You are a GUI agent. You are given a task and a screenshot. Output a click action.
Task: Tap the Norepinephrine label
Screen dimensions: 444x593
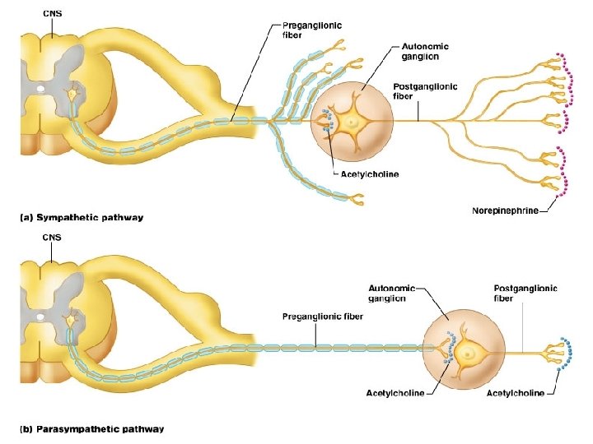point(505,210)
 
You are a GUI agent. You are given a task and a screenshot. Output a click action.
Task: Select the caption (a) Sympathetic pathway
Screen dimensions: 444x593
point(82,218)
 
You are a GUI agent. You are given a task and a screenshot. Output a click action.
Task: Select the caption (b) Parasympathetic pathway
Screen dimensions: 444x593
point(91,428)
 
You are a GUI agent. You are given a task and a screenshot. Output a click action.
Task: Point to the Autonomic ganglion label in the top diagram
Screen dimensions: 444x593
point(425,51)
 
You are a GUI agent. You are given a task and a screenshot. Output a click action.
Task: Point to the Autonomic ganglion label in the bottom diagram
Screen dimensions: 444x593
point(393,293)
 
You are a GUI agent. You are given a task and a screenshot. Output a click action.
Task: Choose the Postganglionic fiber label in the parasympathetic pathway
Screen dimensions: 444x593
point(525,293)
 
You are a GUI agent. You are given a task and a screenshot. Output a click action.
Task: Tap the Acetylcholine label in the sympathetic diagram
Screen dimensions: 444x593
point(371,174)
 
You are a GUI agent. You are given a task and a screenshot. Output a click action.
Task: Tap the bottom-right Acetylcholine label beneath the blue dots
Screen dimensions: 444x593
point(516,393)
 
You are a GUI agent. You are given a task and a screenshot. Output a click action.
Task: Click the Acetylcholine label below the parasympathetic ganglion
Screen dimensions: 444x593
point(395,393)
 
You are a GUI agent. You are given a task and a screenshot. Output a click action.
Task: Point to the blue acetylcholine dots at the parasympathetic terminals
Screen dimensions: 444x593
point(565,354)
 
